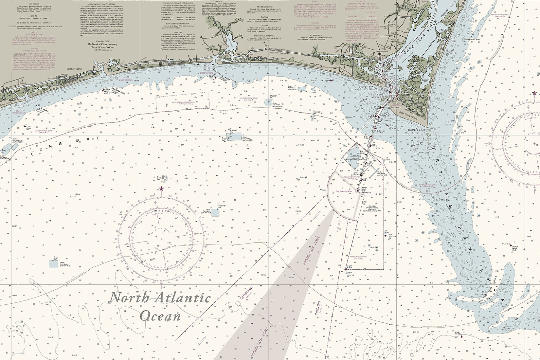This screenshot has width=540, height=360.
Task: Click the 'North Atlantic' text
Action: tap(160, 298)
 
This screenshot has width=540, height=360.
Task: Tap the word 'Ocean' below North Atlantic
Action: tap(160, 316)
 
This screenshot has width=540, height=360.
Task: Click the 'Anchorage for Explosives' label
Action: tap(181, 103)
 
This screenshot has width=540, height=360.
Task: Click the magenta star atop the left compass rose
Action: tap(161, 189)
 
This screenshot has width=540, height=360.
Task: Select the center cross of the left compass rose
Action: tap(161, 239)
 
